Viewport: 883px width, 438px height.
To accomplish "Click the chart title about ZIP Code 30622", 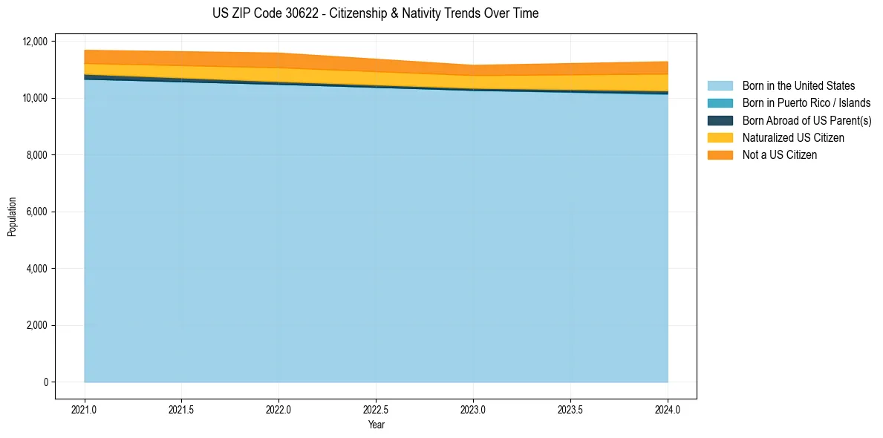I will [375, 13].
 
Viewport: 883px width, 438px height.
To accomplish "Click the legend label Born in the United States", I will [798, 86].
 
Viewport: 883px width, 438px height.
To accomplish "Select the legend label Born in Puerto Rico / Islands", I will [807, 103].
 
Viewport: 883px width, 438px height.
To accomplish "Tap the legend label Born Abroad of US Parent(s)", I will [807, 120].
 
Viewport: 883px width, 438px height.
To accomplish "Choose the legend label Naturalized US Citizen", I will [793, 138].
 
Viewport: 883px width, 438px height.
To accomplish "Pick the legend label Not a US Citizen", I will [780, 155].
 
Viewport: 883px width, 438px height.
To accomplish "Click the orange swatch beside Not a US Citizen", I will [720, 155].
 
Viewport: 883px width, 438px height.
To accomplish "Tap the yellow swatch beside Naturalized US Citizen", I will [720, 138].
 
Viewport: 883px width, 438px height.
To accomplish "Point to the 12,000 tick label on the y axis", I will [34, 42].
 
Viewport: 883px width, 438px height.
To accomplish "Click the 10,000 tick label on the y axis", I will [34, 98].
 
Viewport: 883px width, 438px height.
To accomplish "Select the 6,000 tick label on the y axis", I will [36, 212].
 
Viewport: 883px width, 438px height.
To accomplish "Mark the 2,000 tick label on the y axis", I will [36, 325].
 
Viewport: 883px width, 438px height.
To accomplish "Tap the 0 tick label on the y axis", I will [45, 382].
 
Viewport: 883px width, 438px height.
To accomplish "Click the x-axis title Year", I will [376, 425].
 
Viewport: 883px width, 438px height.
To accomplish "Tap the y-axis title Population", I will [12, 217].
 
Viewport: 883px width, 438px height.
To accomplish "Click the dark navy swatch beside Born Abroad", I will [720, 120].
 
